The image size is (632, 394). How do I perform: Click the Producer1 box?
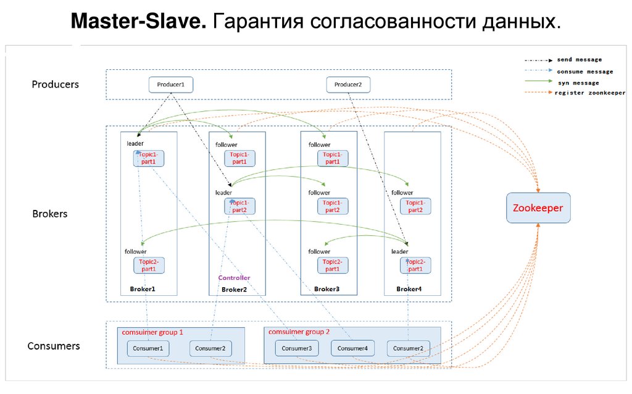pyautogui.click(x=171, y=85)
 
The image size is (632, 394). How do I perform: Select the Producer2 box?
pyautogui.click(x=348, y=85)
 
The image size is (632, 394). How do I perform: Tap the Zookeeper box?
pyautogui.click(x=538, y=208)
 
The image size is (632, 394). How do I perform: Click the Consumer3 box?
pyautogui.click(x=297, y=348)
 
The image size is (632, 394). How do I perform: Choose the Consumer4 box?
pyautogui.click(x=352, y=348)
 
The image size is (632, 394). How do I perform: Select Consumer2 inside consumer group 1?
pyautogui.click(x=210, y=348)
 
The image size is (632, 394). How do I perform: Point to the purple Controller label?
pyautogui.click(x=234, y=278)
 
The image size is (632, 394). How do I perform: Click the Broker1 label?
pyautogui.click(x=143, y=289)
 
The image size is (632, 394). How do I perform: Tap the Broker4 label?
pyautogui.click(x=409, y=289)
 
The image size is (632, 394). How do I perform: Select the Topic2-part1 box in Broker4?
pyautogui.click(x=415, y=266)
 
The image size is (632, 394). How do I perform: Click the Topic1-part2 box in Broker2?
pyautogui.click(x=239, y=206)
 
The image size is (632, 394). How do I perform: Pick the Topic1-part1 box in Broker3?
pyautogui.click(x=332, y=158)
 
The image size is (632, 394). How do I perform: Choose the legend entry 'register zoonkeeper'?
pyautogui.click(x=590, y=93)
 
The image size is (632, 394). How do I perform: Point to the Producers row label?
pyautogui.click(x=56, y=85)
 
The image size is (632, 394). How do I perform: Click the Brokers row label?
pyautogui.click(x=49, y=214)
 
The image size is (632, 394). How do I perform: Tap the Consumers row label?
pyautogui.click(x=54, y=346)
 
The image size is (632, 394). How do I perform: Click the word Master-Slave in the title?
pyautogui.click(x=139, y=22)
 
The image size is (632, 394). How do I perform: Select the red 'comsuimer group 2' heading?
pyautogui.click(x=299, y=332)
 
